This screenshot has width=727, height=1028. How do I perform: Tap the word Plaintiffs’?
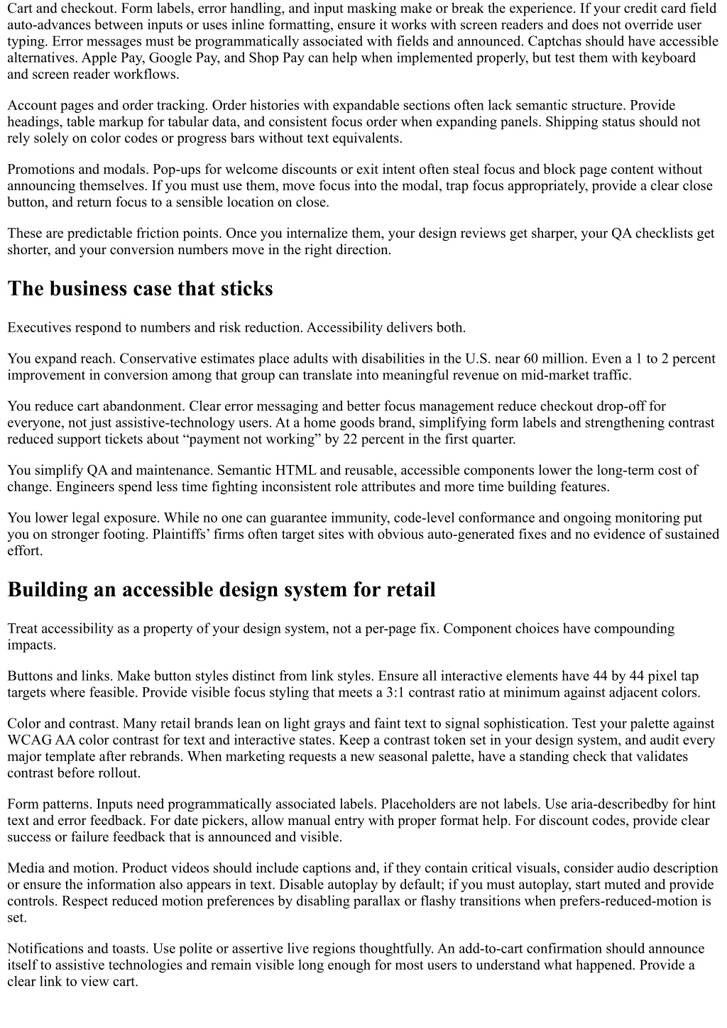pos(182,534)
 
